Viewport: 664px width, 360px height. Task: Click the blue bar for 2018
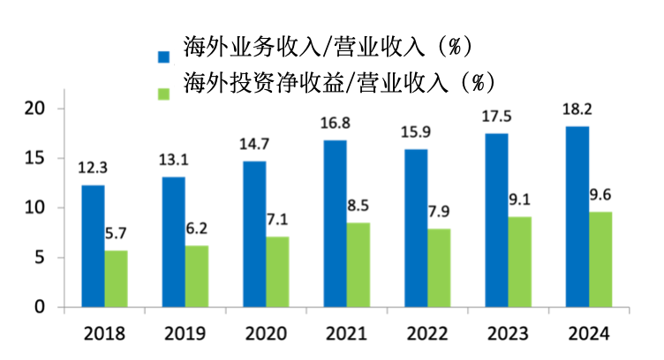(x=93, y=246)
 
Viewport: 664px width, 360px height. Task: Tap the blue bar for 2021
(x=336, y=224)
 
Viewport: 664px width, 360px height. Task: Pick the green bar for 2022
(x=439, y=268)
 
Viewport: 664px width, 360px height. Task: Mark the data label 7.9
(x=440, y=212)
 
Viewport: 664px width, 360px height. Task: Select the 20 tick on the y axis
(x=34, y=109)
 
